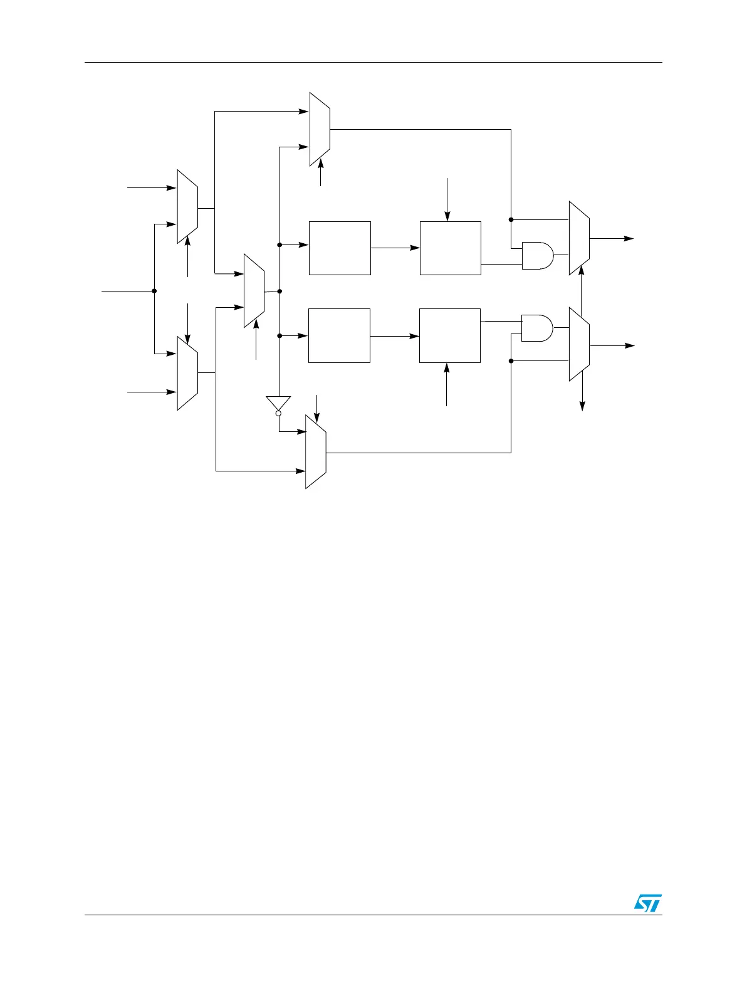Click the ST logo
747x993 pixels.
[x=647, y=903]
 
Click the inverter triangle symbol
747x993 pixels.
[x=278, y=403]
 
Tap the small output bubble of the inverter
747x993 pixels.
[x=278, y=414]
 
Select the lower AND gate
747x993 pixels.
[x=537, y=328]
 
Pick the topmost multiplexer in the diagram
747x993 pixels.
[x=320, y=129]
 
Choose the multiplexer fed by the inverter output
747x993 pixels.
[x=315, y=451]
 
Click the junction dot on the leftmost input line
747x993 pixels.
[x=154, y=291]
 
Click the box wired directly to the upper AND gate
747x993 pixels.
[x=450, y=248]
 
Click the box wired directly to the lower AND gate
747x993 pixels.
[x=449, y=335]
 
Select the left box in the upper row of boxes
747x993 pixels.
[x=340, y=248]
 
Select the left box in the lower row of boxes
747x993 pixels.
[x=339, y=335]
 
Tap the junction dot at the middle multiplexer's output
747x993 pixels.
[x=279, y=291]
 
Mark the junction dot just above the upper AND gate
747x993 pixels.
[x=511, y=219]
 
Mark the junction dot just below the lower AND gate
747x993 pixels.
[x=511, y=361]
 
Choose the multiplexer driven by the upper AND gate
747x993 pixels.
[x=578, y=238]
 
